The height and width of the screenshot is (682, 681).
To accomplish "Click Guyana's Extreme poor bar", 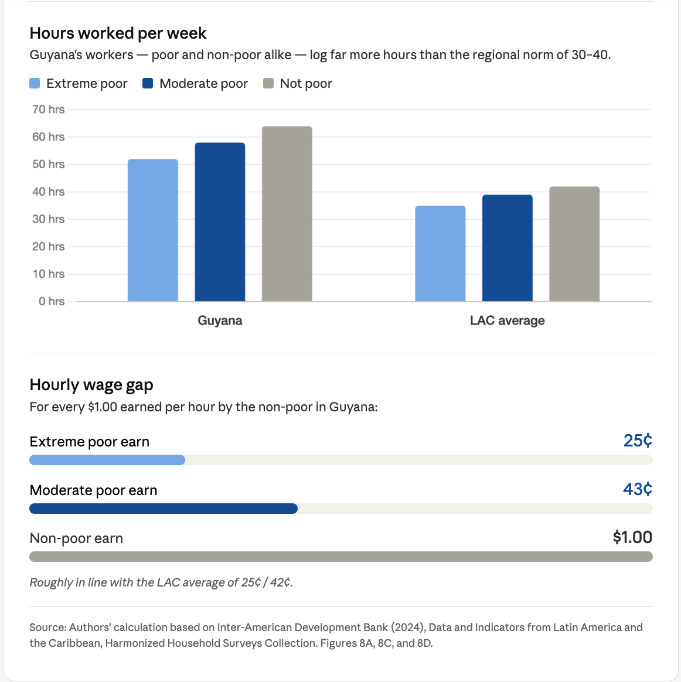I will pyautogui.click(x=152, y=230).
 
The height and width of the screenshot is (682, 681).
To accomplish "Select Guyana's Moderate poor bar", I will pyautogui.click(x=220, y=222).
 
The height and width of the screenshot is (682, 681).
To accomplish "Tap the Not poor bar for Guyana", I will pyautogui.click(x=287, y=214).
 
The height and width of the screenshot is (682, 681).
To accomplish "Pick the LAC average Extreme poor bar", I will pyautogui.click(x=440, y=254).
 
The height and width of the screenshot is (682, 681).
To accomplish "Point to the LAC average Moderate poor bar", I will pyautogui.click(x=507, y=248).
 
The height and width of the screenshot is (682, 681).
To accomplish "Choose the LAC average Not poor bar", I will pyautogui.click(x=574, y=244).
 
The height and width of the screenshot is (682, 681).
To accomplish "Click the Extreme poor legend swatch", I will pyautogui.click(x=35, y=83).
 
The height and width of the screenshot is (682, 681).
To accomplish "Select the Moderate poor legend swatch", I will pyautogui.click(x=148, y=83).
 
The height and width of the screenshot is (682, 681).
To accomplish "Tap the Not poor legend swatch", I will pyautogui.click(x=268, y=83).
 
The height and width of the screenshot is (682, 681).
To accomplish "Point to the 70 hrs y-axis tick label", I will pyautogui.click(x=49, y=110).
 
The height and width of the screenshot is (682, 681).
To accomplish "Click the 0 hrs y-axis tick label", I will pyautogui.click(x=52, y=301).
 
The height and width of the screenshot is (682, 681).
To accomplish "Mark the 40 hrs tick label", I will pyautogui.click(x=49, y=192).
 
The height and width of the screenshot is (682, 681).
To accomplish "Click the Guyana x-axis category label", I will pyautogui.click(x=220, y=320).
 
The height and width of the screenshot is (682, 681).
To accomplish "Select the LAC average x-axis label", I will pyautogui.click(x=507, y=320).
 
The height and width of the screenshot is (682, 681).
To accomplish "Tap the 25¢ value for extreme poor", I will pyautogui.click(x=638, y=441).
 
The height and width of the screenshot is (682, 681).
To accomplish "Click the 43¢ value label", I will pyautogui.click(x=638, y=489).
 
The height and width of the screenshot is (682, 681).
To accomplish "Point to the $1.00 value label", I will pyautogui.click(x=632, y=537).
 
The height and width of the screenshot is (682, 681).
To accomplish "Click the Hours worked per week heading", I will pyautogui.click(x=118, y=33).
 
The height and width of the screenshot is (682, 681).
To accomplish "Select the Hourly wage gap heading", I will pyautogui.click(x=91, y=385).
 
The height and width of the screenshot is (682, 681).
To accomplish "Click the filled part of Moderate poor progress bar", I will pyautogui.click(x=164, y=509).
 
